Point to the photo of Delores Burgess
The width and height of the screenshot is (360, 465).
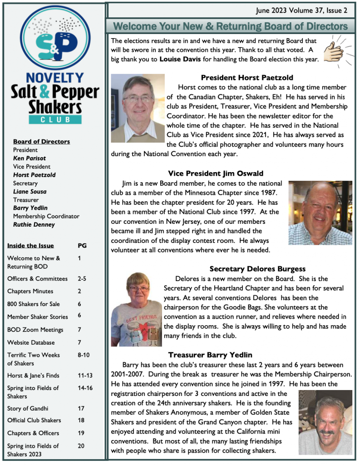[x=136, y=309]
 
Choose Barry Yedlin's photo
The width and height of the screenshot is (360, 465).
[x=325, y=422]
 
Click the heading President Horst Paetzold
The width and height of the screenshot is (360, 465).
[x=247, y=78]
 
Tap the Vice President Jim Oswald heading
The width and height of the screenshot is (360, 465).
[x=215, y=173]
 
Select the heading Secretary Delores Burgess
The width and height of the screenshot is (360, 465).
[x=257, y=269]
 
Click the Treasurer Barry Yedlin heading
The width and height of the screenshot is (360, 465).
[x=210, y=355]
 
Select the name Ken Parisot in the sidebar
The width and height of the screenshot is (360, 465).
[x=30, y=158]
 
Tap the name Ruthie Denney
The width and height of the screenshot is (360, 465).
[x=34, y=224]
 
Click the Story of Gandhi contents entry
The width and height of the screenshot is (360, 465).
[x=28, y=408]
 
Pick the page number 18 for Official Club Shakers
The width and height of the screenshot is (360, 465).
[x=81, y=420]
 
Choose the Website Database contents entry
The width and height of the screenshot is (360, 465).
[x=31, y=342]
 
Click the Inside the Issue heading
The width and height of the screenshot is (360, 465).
[x=30, y=246]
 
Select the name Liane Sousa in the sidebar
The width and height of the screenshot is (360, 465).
[x=30, y=191]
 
